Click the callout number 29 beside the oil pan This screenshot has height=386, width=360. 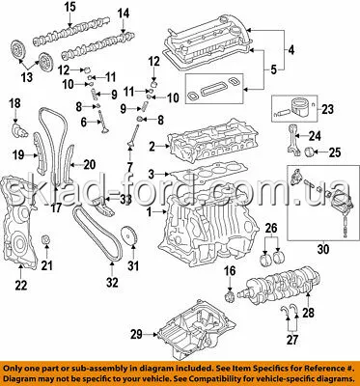136,335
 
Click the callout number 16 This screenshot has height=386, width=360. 230,271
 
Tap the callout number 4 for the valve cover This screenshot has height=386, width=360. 291,50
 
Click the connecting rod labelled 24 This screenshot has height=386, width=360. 293,140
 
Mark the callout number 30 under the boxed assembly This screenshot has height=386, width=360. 323,249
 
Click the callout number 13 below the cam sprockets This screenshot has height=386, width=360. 27,77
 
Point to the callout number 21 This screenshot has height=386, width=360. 47,265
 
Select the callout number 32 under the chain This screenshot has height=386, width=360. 112,282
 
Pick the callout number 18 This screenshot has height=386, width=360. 14,103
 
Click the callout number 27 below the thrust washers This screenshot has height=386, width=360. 292,340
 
